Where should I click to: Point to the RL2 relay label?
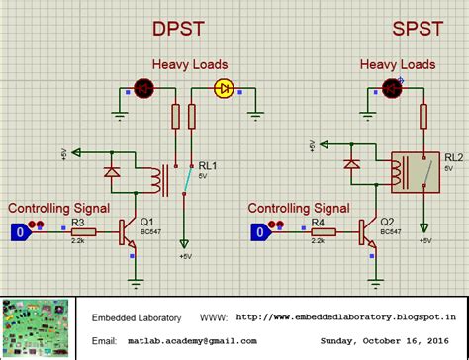[453, 155]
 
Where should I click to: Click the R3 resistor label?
[78, 222]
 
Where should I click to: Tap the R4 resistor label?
[318, 222]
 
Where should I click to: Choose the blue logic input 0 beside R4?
[258, 231]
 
